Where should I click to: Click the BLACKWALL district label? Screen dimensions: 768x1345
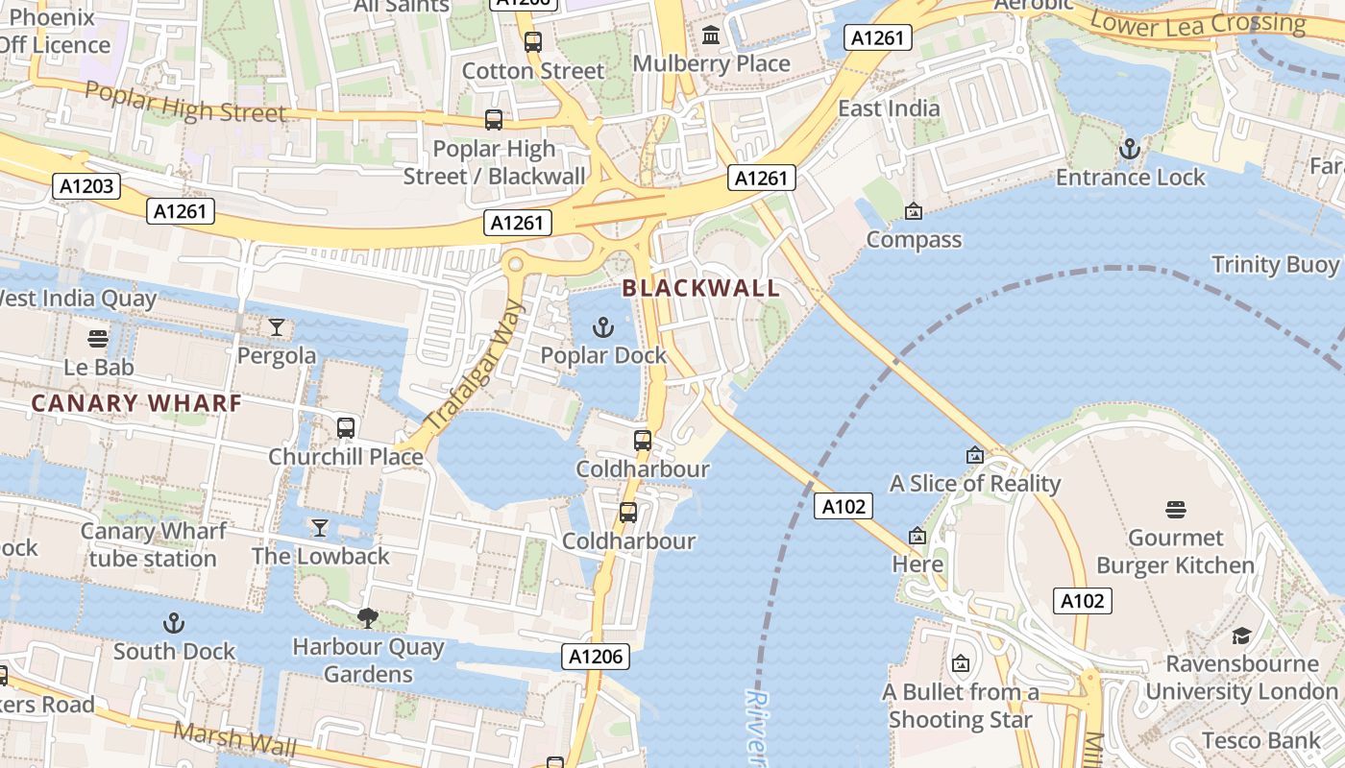[x=700, y=287]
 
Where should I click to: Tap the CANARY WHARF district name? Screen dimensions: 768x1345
[x=135, y=403]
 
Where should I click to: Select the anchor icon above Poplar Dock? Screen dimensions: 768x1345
[x=603, y=328]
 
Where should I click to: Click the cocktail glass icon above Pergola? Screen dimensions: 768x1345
[x=277, y=327]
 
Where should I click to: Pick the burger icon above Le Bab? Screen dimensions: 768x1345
[x=98, y=338]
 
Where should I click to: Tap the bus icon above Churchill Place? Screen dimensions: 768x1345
[x=346, y=427]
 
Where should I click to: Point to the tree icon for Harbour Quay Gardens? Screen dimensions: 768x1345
[x=368, y=617]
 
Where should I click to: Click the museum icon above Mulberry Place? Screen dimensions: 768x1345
[x=711, y=36]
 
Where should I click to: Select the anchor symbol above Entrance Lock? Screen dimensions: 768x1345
[x=1130, y=149]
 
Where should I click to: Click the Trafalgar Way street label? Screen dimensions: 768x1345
[x=476, y=365]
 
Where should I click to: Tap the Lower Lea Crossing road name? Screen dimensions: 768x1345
[x=1197, y=23]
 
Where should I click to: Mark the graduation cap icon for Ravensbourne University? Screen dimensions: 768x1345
[x=1241, y=636]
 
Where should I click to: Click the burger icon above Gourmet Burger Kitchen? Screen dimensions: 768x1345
[x=1176, y=509]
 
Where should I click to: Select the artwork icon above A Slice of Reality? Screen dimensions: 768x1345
[x=975, y=455]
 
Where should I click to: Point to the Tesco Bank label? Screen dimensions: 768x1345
[x=1259, y=740]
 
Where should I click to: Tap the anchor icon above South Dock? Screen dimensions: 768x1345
[x=174, y=623]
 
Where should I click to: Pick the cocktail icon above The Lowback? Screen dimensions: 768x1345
[x=320, y=528]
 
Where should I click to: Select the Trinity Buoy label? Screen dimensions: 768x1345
[x=1274, y=265]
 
